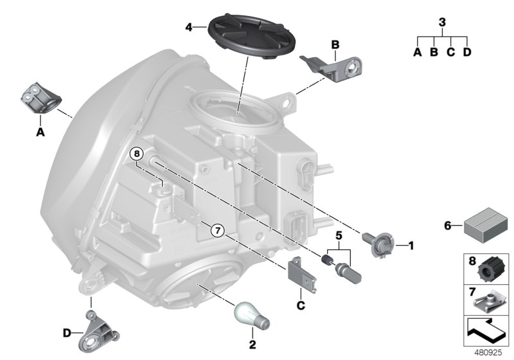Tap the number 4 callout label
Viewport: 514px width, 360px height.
(188, 28)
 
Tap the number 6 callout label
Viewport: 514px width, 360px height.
(447, 226)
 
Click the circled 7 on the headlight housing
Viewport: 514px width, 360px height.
(217, 230)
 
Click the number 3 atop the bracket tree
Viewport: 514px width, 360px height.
(441, 22)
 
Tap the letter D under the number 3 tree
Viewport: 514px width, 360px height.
(467, 52)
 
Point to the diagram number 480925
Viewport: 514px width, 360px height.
(493, 353)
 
